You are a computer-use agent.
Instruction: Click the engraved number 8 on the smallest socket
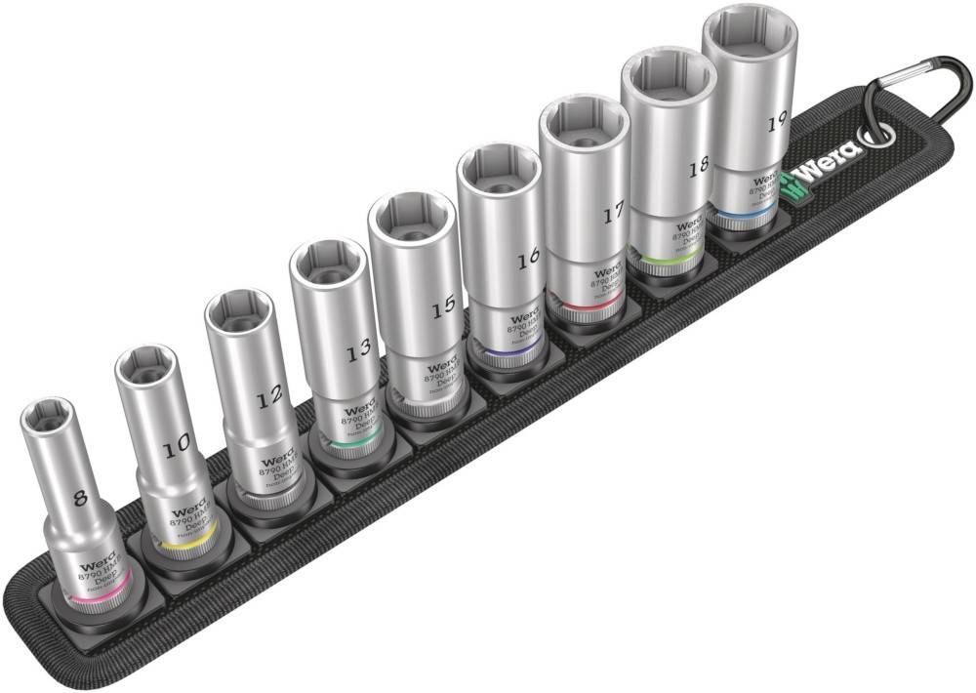[x=80, y=498]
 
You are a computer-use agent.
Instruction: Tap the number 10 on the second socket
[x=177, y=448]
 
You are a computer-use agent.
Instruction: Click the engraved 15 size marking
[x=443, y=305]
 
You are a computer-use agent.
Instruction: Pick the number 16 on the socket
[x=528, y=259]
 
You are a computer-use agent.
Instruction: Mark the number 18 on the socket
[x=697, y=167]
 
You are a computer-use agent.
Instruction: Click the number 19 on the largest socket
[x=777, y=122]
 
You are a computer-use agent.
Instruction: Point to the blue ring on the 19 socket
[x=742, y=212]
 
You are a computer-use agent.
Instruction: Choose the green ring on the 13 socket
[x=347, y=445]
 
